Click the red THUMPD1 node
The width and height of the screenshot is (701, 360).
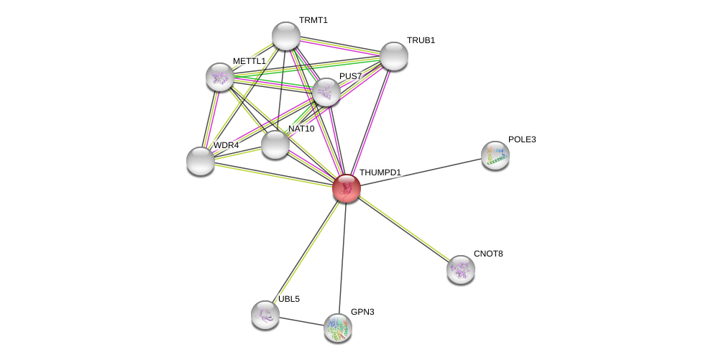346,188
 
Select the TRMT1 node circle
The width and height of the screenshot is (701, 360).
285,36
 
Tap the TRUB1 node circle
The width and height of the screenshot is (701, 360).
393,56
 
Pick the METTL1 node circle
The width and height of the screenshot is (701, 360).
219,77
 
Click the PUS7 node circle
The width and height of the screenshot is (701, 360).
326,92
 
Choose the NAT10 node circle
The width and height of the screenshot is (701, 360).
275,144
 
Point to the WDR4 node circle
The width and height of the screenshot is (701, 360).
200,161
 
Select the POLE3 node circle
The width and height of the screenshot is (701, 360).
495,155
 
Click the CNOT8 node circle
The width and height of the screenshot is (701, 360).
460,269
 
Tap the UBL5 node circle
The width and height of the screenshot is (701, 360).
265,315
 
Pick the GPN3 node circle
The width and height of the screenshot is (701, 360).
337,328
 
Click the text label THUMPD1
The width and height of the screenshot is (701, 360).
380,172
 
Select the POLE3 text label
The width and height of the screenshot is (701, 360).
521,139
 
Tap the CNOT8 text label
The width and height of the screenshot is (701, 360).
488,254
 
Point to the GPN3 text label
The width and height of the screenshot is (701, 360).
362,312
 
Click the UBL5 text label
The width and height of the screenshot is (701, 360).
288,299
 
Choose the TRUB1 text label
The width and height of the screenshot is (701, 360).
421,40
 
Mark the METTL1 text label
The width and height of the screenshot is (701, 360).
249,61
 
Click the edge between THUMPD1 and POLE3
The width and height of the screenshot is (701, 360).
421,172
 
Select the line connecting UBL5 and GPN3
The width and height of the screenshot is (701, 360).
301,321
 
